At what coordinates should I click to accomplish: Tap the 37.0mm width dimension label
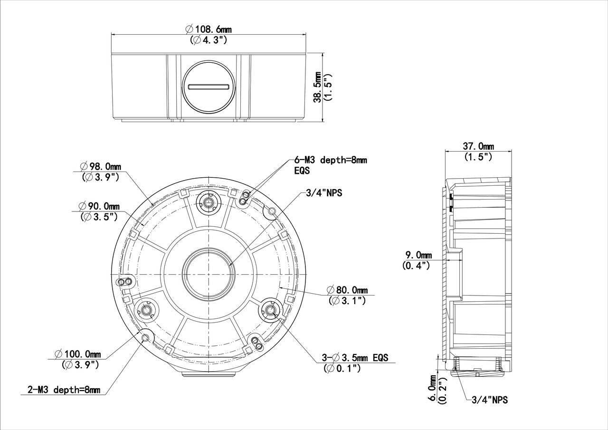pyautogui.click(x=478, y=146)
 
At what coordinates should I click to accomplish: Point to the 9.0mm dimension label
pyautogui.click(x=418, y=255)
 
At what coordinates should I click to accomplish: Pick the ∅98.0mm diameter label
pyautogui.click(x=100, y=167)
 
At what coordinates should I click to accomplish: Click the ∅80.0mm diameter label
pyautogui.click(x=347, y=290)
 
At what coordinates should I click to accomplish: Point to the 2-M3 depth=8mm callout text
pyautogui.click(x=60, y=390)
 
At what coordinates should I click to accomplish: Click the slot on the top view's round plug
pyautogui.click(x=209, y=87)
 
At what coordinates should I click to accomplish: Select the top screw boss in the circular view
pyautogui.click(x=209, y=202)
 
